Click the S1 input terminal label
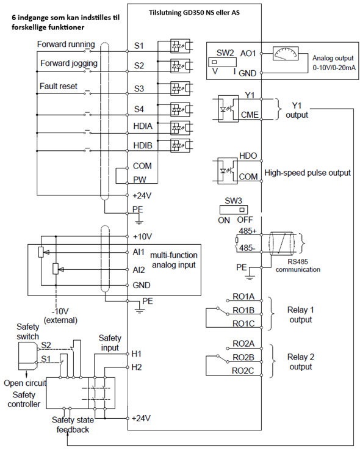point(139,46)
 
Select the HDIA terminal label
point(143,126)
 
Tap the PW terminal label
point(140,179)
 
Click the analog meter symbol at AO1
point(286,54)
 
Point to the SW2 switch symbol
point(222,62)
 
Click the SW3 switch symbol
point(234,210)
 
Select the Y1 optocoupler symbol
point(228,109)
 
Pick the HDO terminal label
point(248,156)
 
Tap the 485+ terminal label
point(247,231)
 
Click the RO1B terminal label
point(243,310)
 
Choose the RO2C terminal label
point(243,371)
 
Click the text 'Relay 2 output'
point(301,362)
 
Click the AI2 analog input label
point(139,270)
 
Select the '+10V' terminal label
point(142,237)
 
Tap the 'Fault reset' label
point(59,86)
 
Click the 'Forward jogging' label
point(69,63)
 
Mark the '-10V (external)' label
point(60,316)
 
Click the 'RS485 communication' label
point(298,266)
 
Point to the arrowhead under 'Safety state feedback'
point(67,435)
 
